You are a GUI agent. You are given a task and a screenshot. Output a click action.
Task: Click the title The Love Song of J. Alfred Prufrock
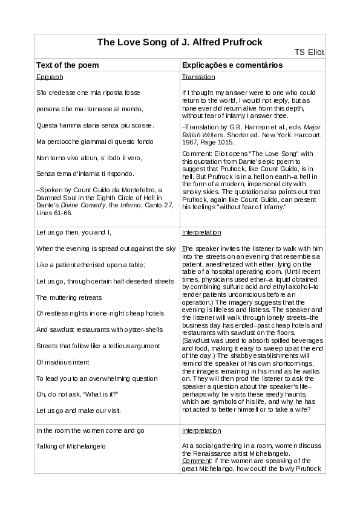(x=180, y=42)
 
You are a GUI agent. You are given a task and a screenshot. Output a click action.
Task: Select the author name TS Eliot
(x=309, y=52)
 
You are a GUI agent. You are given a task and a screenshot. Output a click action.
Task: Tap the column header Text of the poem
(x=68, y=65)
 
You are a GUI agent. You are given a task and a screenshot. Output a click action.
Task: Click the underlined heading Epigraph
(x=50, y=77)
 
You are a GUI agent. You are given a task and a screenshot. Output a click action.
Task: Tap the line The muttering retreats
(x=69, y=297)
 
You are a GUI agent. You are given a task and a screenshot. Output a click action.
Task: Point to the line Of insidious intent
(x=64, y=362)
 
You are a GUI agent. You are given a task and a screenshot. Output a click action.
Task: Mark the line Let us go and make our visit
(x=79, y=410)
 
